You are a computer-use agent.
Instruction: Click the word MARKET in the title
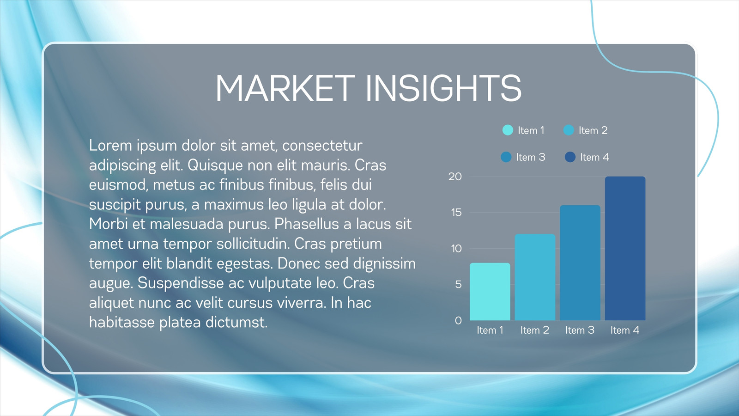click(x=285, y=88)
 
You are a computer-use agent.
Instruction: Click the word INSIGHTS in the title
click(x=444, y=88)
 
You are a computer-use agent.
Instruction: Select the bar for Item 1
click(x=490, y=292)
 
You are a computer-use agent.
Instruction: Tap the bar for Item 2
click(x=535, y=277)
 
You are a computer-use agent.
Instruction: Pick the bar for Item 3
click(x=580, y=263)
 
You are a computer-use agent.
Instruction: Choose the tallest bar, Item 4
click(x=625, y=248)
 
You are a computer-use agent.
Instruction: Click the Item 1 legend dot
click(x=508, y=130)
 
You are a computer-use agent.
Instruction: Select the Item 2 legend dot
click(x=569, y=130)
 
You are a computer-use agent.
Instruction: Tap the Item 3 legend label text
click(x=531, y=157)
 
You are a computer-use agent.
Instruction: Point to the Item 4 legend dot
click(x=570, y=157)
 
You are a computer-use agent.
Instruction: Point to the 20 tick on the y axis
click(x=455, y=177)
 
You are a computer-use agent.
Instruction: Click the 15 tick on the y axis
click(x=456, y=212)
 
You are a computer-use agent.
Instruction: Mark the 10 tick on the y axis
click(x=456, y=248)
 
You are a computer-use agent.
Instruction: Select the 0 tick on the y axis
click(x=458, y=320)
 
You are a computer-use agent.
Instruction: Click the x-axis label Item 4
click(x=625, y=330)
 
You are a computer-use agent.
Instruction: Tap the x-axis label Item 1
click(x=490, y=330)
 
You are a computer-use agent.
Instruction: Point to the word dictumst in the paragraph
click(x=236, y=322)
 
